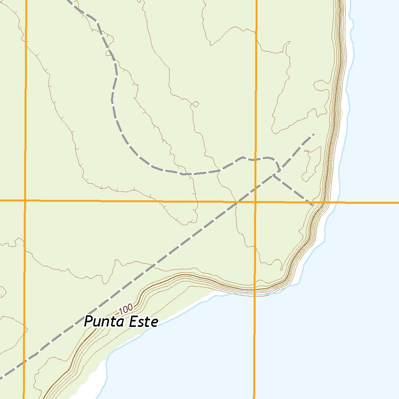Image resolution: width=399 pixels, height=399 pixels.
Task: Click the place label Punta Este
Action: tap(121, 322)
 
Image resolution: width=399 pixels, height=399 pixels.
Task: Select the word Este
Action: tap(144, 322)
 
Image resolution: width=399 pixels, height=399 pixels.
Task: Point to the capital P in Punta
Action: tap(89, 322)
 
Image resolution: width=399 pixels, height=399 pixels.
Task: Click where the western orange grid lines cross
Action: tap(25, 200)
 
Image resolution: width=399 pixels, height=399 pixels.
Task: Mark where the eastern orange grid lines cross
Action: tap(255, 202)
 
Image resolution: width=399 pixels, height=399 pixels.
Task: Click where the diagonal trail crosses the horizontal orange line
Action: tap(237, 202)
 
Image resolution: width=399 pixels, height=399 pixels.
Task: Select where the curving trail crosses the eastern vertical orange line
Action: tap(256, 159)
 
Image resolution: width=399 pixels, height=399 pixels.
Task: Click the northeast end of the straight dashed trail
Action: tap(313, 135)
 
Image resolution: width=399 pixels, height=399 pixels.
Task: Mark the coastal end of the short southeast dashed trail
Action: tap(312, 204)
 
